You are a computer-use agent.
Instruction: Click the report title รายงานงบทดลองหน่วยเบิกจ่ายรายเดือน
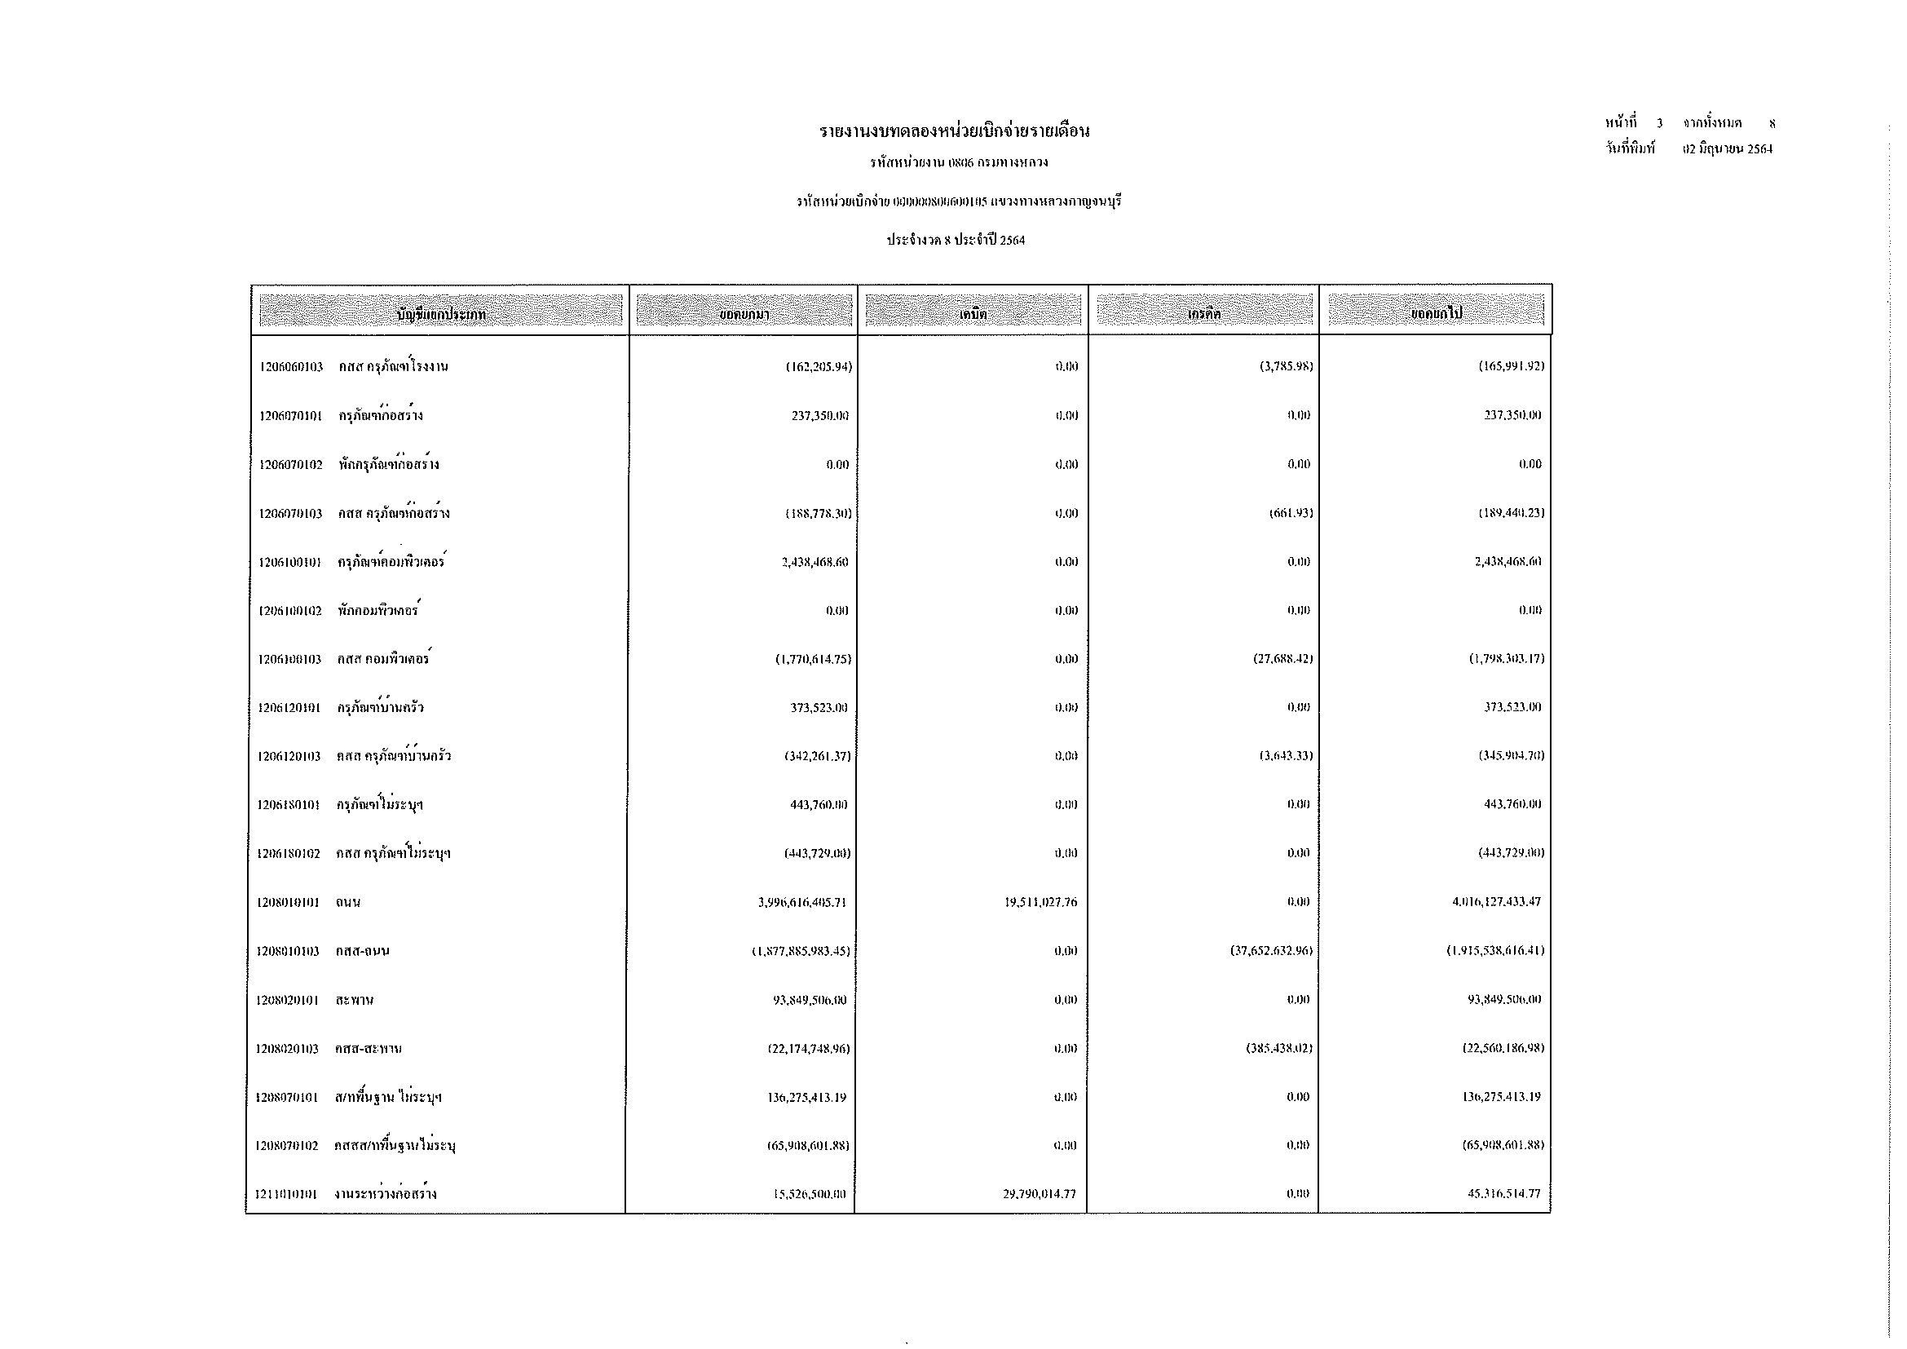coord(955,131)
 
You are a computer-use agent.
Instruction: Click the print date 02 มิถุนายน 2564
coord(1728,149)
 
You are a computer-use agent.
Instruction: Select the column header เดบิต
coord(973,314)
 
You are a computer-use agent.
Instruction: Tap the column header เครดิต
coord(1203,314)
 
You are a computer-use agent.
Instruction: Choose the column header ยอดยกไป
coord(1435,314)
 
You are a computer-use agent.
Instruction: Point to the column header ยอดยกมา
coord(744,314)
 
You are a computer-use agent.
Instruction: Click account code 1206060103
coord(291,366)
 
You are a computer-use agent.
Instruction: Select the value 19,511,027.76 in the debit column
coord(1040,902)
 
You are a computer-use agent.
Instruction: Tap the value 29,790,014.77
coord(1039,1195)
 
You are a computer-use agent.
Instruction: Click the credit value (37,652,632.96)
coord(1271,950)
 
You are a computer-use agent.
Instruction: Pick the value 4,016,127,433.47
coord(1496,902)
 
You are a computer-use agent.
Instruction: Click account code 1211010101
coord(285,1195)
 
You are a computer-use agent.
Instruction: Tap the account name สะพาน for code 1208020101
coord(355,1000)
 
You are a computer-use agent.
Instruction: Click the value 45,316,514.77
coord(1503,1195)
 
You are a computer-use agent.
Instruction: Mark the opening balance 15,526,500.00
coord(809,1195)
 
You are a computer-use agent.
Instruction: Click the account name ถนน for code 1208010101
coord(348,902)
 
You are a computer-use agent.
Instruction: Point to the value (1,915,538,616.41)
coord(1495,950)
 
